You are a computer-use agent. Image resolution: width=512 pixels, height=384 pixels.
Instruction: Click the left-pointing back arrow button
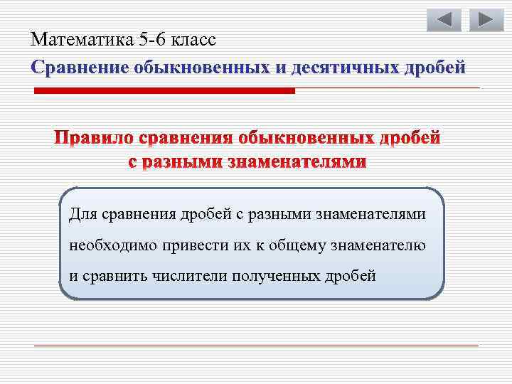click(444, 19)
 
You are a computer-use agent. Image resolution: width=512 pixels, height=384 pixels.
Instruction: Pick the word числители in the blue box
click(187, 277)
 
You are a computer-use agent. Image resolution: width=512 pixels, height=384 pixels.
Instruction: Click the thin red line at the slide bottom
click(256, 346)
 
